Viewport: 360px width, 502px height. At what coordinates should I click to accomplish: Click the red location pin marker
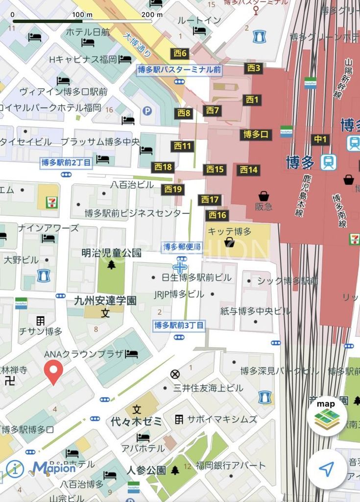(x=54, y=371)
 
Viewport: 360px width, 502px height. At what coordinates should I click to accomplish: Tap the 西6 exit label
(x=180, y=53)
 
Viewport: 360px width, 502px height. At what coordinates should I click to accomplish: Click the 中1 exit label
(x=320, y=139)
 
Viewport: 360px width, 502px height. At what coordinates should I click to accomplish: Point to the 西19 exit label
(x=172, y=189)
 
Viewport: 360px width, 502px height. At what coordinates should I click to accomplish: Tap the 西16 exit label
(x=217, y=215)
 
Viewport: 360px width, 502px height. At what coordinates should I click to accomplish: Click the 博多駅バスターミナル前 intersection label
(x=179, y=70)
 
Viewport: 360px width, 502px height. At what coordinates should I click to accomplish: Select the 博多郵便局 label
(x=182, y=247)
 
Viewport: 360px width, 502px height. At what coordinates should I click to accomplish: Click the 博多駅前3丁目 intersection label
(x=179, y=325)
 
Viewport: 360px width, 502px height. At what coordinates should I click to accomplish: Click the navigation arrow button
(x=327, y=469)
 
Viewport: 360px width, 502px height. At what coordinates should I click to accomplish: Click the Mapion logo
(x=54, y=468)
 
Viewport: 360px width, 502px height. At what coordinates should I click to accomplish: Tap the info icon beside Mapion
(x=15, y=469)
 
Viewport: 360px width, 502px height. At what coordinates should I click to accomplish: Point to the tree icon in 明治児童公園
(x=112, y=265)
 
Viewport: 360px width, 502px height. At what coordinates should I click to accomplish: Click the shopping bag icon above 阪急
(x=264, y=196)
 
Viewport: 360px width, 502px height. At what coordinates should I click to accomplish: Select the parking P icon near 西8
(x=147, y=111)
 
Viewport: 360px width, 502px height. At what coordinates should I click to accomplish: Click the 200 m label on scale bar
(x=152, y=14)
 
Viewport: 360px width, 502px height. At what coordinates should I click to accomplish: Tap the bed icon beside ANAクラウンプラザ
(x=131, y=354)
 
